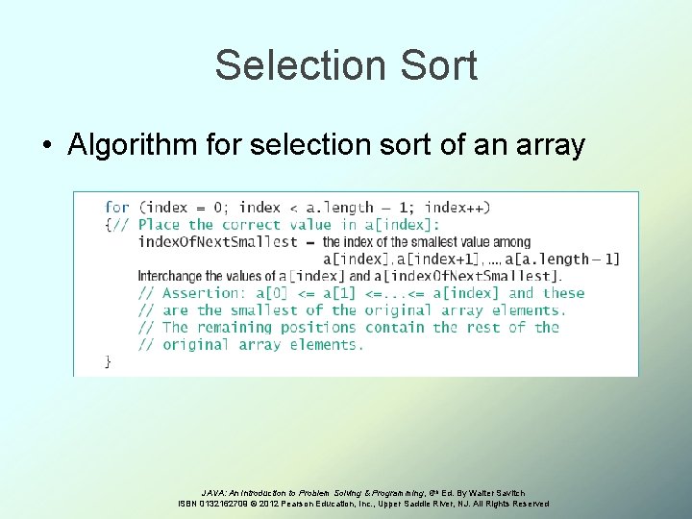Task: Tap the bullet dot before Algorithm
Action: pyautogui.click(x=46, y=146)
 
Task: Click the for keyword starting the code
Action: pyautogui.click(x=117, y=207)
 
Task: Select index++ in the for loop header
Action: pyautogui.click(x=457, y=207)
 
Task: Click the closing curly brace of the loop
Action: pyautogui.click(x=109, y=362)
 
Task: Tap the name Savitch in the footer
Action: pyautogui.click(x=509, y=492)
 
